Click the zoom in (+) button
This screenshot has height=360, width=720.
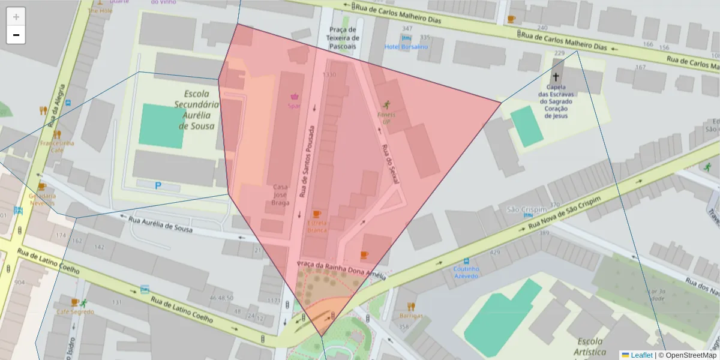tap(16, 17)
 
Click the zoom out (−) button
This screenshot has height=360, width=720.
tap(16, 35)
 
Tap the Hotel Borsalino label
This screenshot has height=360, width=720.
tap(406, 47)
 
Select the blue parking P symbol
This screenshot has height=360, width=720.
tap(158, 186)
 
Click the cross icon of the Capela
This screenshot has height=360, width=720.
tap(556, 77)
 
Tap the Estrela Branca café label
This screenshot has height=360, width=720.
tap(317, 226)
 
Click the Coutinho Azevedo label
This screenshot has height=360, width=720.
tap(466, 272)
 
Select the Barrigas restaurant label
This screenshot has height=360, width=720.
tap(411, 316)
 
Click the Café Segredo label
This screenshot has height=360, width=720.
tap(75, 312)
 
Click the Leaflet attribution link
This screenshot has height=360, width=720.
tap(641, 355)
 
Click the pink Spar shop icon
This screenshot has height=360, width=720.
tap(295, 96)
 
